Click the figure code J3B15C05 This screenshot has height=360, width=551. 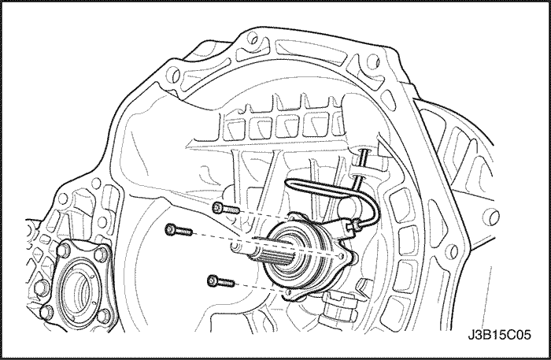point(499,334)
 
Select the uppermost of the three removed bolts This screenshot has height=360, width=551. point(226,209)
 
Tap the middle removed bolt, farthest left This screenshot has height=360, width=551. point(179,230)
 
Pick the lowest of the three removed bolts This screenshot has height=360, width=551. point(220,281)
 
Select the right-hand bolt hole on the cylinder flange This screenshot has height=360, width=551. point(341,255)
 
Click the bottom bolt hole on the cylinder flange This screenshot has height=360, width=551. point(289,292)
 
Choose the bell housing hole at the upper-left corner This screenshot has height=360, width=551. point(172,75)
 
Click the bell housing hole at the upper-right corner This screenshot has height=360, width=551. point(372,62)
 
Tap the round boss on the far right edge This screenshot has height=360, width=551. point(491,216)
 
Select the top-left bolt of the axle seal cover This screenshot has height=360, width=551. point(64,251)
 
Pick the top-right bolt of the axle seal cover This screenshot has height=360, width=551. point(101,254)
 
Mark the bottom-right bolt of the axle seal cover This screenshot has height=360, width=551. point(102,315)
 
